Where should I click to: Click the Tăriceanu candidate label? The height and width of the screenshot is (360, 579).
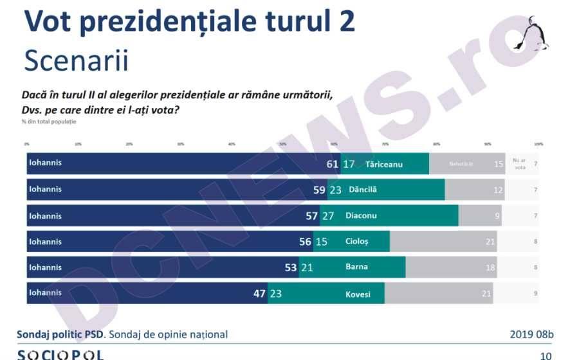point(383,164)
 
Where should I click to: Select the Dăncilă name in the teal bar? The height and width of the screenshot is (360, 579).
point(362,190)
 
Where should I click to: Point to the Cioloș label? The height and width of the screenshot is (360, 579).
point(357,242)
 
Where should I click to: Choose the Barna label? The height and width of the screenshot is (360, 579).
point(356,267)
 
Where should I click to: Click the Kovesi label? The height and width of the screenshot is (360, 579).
point(358,293)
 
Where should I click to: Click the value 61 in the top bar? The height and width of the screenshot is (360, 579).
point(332,164)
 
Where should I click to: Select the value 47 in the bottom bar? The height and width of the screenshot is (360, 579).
point(260,293)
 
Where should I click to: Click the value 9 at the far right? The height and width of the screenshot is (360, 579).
point(535,293)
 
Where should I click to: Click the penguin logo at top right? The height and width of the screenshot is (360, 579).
point(531,35)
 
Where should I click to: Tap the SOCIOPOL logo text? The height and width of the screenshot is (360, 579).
point(60,354)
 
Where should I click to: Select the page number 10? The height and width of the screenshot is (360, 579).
point(545,355)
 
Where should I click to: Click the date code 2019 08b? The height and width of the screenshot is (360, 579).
point(531,334)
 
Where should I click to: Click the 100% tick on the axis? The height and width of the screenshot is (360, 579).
point(538,144)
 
